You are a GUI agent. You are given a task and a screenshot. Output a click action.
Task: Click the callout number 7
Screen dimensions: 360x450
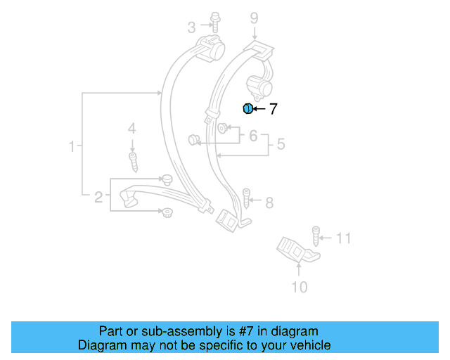click(x=274, y=109)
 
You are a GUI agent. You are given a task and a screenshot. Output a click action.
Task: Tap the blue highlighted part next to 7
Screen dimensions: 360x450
click(x=247, y=108)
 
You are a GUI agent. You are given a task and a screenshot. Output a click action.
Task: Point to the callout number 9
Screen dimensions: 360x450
click(x=254, y=18)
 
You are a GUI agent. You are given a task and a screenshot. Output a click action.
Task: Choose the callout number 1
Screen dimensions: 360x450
click(x=72, y=147)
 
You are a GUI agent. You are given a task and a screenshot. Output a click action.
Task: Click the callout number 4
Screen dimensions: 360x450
click(x=131, y=128)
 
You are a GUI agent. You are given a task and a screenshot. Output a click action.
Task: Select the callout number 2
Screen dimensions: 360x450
click(x=98, y=197)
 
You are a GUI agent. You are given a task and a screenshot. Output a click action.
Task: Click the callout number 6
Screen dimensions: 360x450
click(x=254, y=135)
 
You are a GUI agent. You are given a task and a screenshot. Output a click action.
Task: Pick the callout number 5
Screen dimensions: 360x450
click(x=281, y=145)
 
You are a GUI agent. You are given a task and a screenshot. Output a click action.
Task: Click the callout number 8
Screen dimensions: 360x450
click(x=269, y=203)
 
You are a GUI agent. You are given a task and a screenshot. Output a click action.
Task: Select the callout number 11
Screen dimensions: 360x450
click(x=342, y=238)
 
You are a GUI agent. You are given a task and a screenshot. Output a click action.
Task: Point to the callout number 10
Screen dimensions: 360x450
click(x=299, y=286)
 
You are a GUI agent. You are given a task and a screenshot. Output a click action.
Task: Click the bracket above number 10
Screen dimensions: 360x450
click(x=294, y=250)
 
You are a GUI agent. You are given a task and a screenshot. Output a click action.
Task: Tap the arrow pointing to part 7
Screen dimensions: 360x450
click(x=259, y=109)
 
